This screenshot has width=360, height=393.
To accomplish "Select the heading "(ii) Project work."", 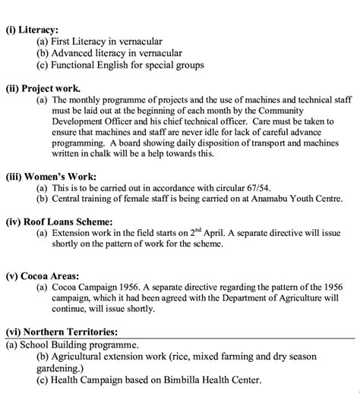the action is tap(44, 89).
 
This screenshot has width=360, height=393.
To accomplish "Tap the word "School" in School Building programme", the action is tap(34, 345).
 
